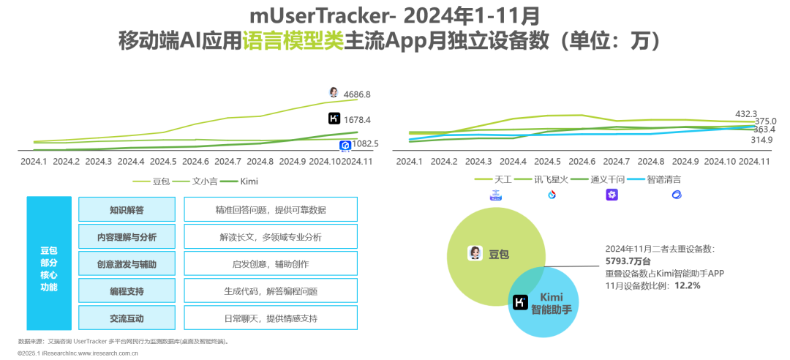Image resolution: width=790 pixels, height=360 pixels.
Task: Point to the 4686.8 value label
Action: pos(357,94)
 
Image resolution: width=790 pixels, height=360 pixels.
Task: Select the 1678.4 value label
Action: pos(357,119)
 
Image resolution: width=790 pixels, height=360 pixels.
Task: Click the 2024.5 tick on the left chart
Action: pos(162,161)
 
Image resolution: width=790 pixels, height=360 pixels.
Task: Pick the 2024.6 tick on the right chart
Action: pos(583,161)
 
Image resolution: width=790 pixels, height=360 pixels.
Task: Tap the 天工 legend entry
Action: pos(501,179)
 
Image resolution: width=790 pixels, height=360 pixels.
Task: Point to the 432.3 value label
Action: pos(745,113)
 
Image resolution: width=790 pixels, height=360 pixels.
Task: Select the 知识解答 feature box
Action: pos(126,210)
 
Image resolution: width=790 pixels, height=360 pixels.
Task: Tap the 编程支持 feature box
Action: pos(126,291)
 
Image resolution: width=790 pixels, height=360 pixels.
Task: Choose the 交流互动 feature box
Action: pos(126,318)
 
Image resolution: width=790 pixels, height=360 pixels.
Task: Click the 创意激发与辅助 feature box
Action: pos(126,264)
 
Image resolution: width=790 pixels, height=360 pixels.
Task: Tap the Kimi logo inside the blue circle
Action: pos(521,302)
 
